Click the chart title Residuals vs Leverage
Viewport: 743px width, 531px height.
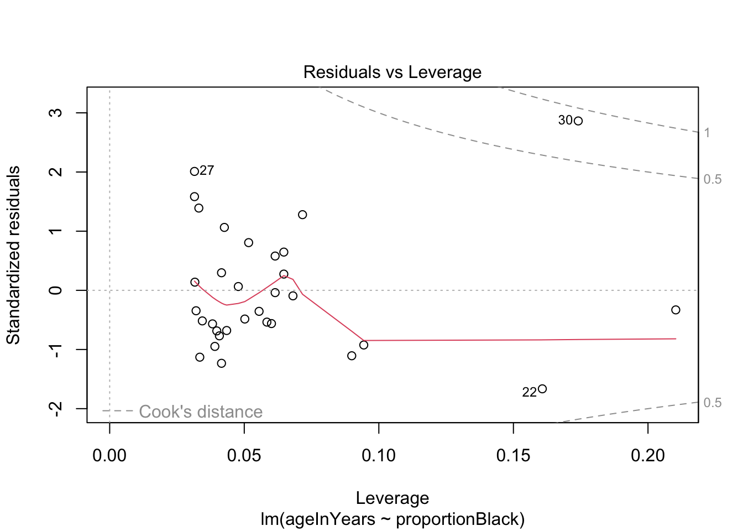point(392,72)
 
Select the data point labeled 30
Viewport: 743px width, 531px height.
point(578,121)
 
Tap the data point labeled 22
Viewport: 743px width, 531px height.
point(542,389)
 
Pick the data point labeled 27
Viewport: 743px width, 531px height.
point(195,171)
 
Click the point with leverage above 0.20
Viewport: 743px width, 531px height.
point(676,310)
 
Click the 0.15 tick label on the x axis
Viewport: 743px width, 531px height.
point(514,456)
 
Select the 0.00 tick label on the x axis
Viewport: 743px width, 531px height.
point(109,456)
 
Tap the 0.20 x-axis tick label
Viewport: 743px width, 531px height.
point(648,456)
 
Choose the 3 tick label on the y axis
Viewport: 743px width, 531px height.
point(55,113)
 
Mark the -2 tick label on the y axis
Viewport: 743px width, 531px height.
point(55,408)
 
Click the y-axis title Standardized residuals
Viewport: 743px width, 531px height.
point(13,255)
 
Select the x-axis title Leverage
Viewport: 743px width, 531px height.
point(392,498)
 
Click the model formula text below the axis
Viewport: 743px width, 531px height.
point(392,519)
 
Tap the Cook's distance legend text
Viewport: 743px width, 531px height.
point(200,412)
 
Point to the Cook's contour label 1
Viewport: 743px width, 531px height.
point(707,133)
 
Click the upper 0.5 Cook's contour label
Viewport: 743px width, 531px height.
point(713,179)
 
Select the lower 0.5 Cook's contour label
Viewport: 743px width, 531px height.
point(713,403)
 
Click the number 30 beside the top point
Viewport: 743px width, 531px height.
point(566,121)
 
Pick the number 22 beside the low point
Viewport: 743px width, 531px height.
point(529,393)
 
